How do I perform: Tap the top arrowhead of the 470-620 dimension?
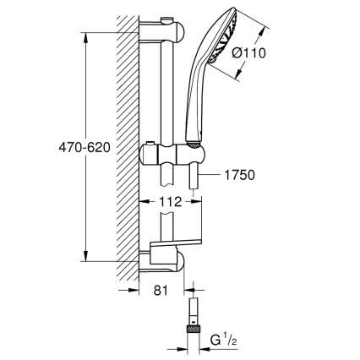click(x=85, y=35)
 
